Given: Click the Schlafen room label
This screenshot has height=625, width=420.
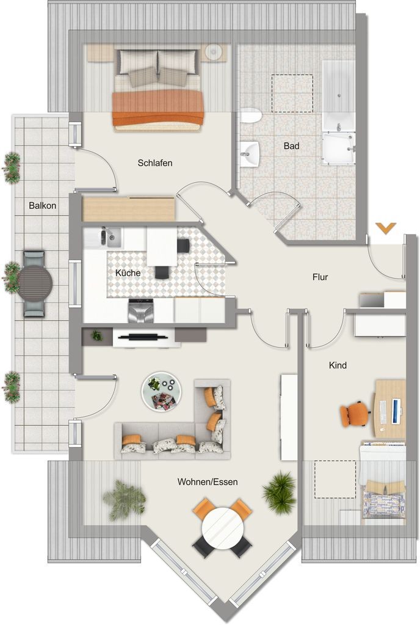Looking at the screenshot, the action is coord(155,163).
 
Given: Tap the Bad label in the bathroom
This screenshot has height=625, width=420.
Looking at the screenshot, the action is coord(291,146).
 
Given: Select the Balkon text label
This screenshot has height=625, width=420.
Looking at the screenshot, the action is coord(43,206).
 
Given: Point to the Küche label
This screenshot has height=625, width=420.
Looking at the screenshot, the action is coord(128,273).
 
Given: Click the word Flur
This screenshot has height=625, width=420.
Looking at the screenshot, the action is coord(320,277).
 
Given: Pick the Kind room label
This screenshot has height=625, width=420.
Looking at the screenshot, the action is coord(338,365).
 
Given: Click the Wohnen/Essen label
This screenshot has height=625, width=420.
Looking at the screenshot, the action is coord(208,482).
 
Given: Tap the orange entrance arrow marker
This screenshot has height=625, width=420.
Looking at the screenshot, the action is coord(386,228).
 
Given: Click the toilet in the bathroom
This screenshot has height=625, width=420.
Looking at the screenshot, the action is coord(251,116).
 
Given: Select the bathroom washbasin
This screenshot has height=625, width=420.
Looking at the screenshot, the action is coord(250,153).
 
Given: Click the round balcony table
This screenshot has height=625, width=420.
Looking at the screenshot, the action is coord(35,283).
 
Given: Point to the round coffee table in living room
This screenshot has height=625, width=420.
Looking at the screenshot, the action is coord(161,392).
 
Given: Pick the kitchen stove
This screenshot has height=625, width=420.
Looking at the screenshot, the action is coord(140,311).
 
